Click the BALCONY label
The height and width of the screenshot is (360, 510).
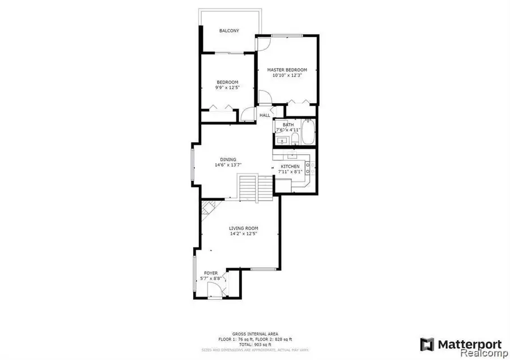(x=229, y=31)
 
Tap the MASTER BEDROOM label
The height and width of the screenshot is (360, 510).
(x=287, y=70)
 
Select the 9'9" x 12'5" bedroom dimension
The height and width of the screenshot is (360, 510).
(x=227, y=87)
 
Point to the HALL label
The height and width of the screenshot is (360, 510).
(x=265, y=116)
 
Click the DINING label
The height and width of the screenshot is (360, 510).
(x=228, y=159)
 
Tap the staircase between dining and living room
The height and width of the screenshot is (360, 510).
(x=248, y=188)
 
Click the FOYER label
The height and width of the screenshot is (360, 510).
(x=211, y=273)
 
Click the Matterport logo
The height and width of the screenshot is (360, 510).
(x=461, y=344)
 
